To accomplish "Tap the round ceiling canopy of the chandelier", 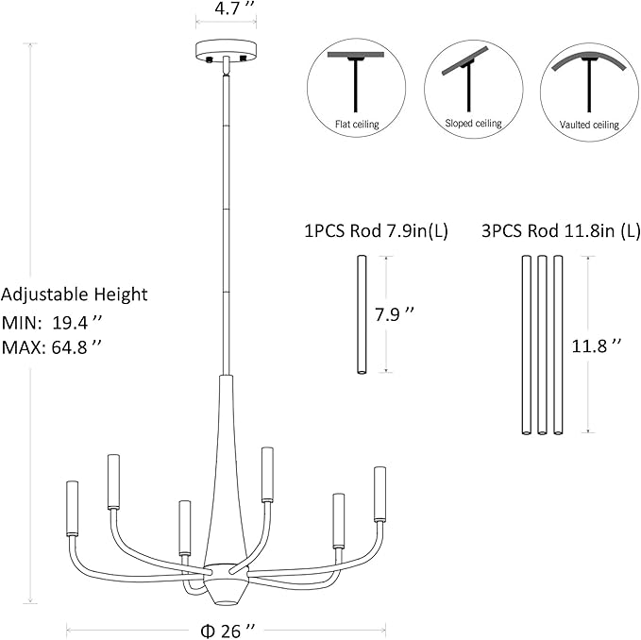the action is coord(226,50).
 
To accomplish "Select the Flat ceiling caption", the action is coord(357,124).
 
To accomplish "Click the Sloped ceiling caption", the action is coord(473,123).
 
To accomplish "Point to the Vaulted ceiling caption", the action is coord(589,125).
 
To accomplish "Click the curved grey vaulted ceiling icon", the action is coord(589,59).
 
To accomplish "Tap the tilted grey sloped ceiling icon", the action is coord(465,61).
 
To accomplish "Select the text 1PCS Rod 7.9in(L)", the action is coord(376,231).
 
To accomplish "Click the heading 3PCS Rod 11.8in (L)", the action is coord(561,231).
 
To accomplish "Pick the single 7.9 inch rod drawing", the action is coord(362,314).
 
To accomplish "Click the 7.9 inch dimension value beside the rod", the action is coord(395,314).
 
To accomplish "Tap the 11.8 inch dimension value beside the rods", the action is coord(596,346).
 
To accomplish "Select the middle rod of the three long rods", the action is coord(542,345).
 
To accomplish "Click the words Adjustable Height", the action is coord(74,295).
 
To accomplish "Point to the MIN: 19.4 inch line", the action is coord(51,323).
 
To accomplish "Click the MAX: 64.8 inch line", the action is coord(52,347).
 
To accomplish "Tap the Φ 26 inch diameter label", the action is coord(228,631).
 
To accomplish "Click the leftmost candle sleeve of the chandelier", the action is coord(72,509).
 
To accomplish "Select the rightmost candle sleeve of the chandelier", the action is coord(380,494).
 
